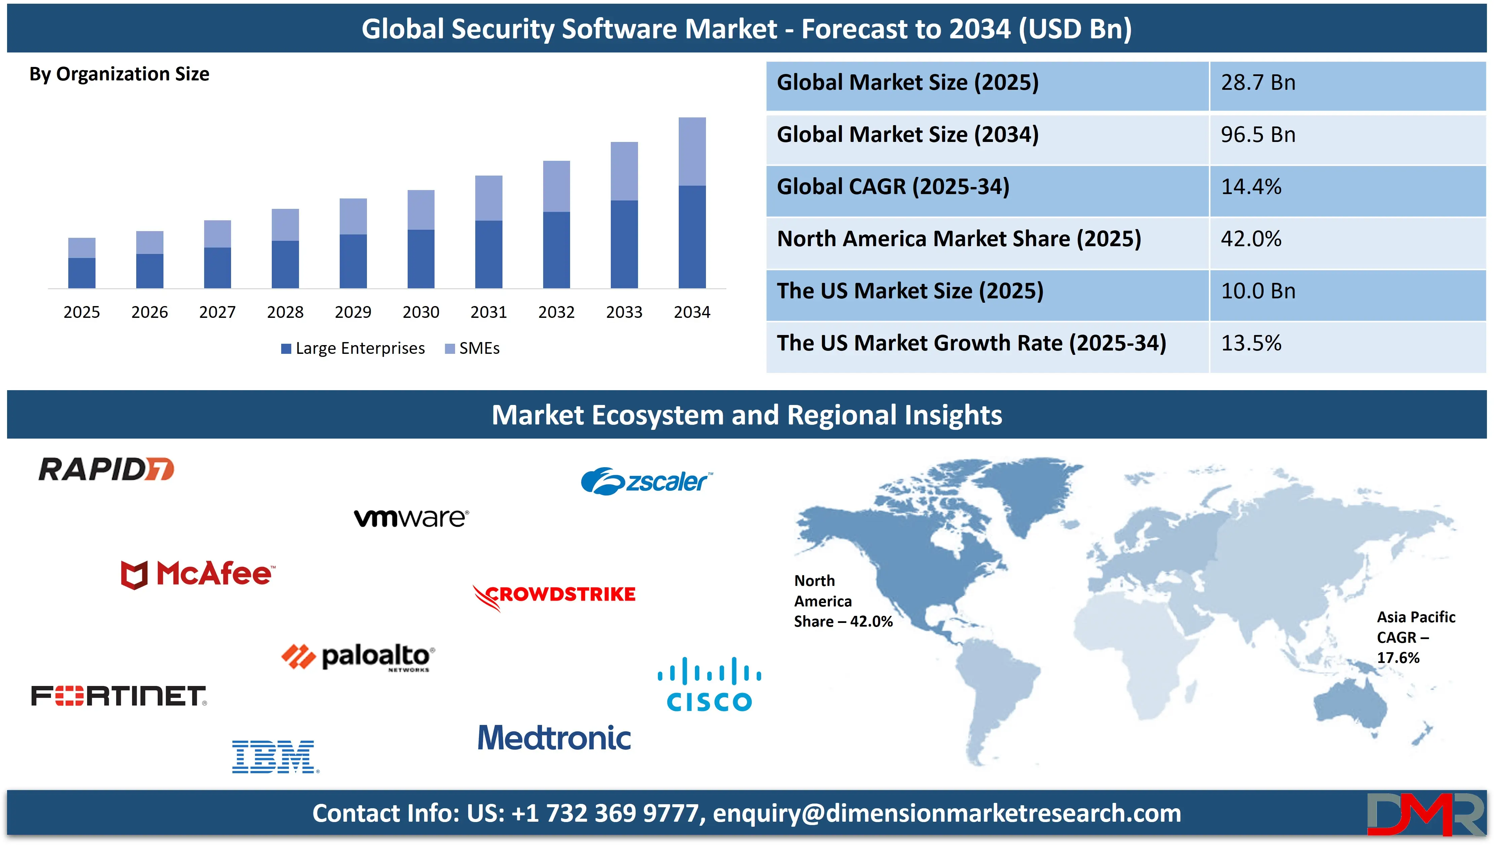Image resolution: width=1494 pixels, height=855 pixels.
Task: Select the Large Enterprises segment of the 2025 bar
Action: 82,273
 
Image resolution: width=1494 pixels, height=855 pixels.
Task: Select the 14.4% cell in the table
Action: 1250,187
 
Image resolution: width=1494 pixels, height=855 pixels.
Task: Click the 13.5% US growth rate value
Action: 1250,343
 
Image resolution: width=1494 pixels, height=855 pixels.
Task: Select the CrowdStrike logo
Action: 554,595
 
